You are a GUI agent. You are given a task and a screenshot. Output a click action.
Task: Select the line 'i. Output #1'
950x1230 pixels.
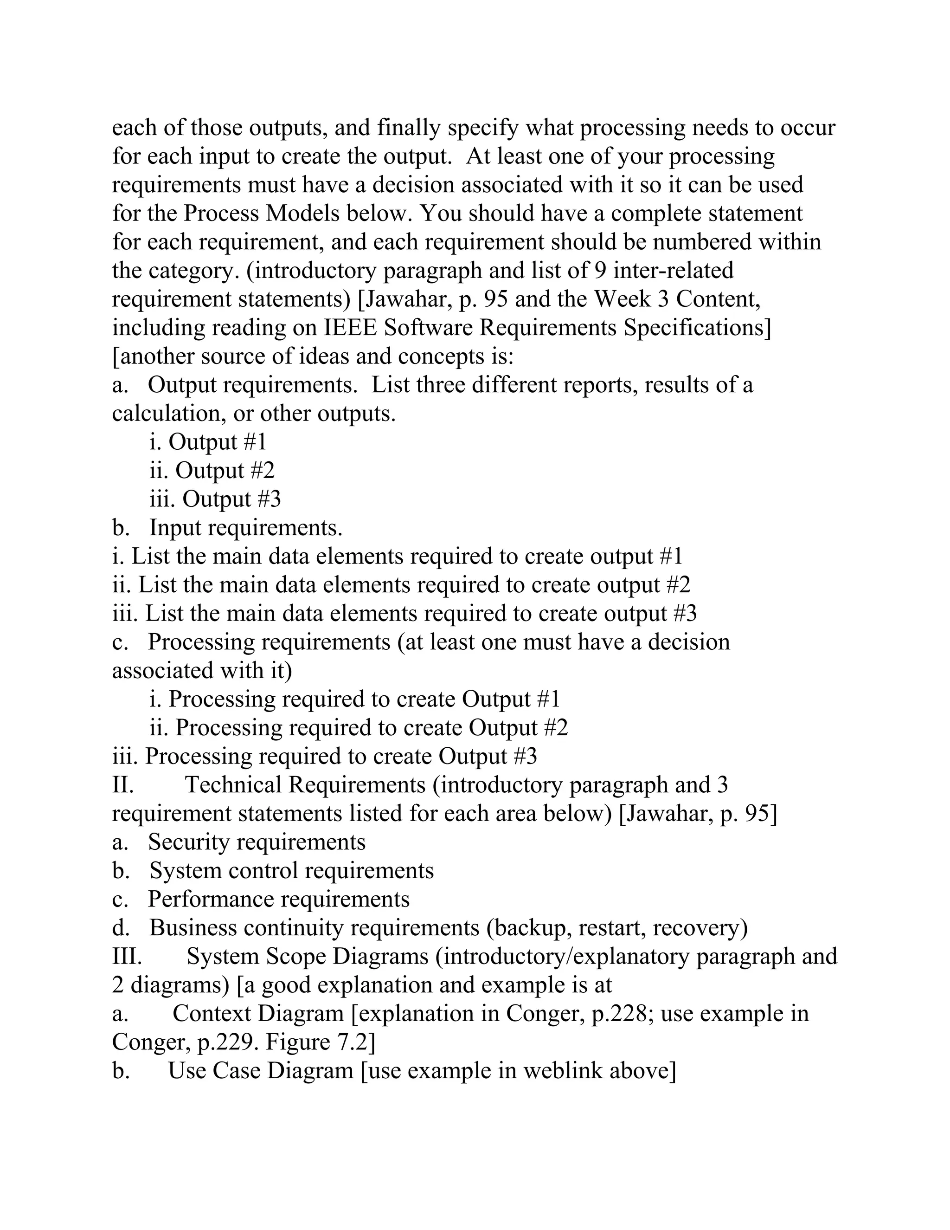[208, 441]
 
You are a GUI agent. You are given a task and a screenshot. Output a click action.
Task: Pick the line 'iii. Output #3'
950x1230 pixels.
[215, 499]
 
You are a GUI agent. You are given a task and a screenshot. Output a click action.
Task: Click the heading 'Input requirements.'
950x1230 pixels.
[245, 528]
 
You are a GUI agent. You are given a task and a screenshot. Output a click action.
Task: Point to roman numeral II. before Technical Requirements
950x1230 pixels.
[122, 784]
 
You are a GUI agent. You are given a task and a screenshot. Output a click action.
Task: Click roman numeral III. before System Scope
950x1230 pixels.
[127, 956]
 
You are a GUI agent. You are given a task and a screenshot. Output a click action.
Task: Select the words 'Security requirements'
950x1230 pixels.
[257, 842]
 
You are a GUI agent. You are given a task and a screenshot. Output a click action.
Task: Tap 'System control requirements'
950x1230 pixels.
[291, 871]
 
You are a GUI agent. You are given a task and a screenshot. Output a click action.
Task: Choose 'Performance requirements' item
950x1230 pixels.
[279, 899]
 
